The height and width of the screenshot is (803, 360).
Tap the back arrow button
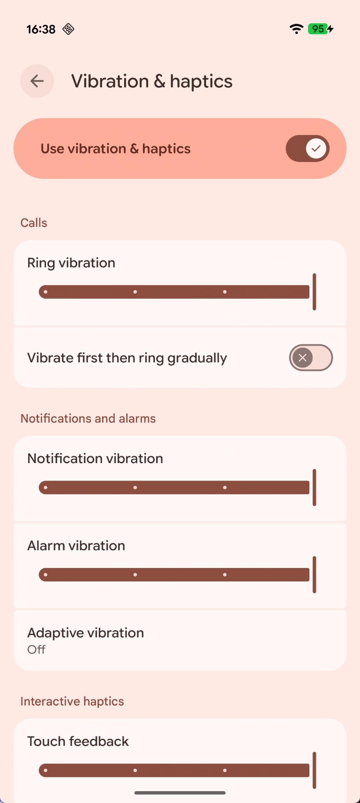(37, 81)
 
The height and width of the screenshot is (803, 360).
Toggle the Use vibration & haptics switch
(307, 149)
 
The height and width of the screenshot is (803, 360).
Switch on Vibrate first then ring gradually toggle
(311, 358)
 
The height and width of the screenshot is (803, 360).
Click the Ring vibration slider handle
(314, 292)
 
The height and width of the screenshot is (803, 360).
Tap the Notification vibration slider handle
(314, 488)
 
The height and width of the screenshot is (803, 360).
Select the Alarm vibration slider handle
(314, 575)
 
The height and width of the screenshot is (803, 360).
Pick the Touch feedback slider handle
(314, 770)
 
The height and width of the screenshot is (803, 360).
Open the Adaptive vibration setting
(180, 640)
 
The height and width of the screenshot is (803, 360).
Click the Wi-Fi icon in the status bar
(296, 29)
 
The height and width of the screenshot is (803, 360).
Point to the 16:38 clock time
(41, 29)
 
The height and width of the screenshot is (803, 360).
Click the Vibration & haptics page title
(152, 81)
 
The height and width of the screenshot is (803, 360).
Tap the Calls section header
(34, 223)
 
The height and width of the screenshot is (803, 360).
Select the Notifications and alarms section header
(88, 419)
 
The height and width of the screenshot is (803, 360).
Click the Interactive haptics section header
(72, 701)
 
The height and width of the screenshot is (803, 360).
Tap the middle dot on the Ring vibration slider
(135, 292)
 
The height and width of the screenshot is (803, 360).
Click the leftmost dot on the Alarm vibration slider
(46, 575)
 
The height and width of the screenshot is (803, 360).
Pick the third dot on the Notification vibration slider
(225, 488)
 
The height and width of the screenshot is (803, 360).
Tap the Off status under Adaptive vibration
(36, 650)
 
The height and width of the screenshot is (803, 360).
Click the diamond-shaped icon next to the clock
(68, 29)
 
